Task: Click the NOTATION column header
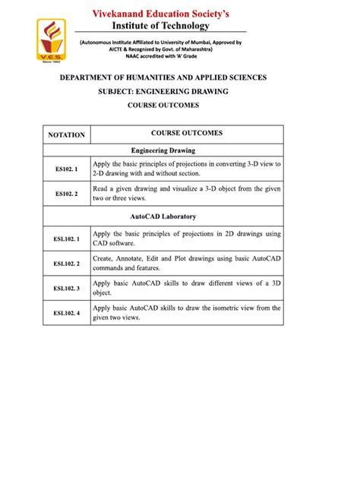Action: (x=67, y=134)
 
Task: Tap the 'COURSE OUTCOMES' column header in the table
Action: (x=186, y=133)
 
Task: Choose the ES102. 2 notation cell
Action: (x=67, y=194)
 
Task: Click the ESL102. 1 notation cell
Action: (x=67, y=239)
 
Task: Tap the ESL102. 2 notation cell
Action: (x=67, y=264)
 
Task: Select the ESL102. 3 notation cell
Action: (x=67, y=288)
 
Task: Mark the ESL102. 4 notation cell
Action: (x=67, y=312)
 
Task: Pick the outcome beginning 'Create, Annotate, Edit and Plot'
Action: (x=186, y=264)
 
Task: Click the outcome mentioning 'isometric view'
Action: (x=186, y=312)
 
